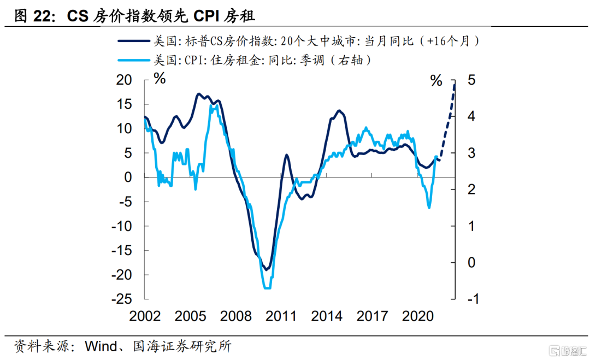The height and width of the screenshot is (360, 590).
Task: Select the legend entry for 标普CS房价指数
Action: tap(300, 41)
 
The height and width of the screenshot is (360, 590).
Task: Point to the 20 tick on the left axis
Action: tap(125, 80)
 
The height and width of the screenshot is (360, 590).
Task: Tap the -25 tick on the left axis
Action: tap(122, 299)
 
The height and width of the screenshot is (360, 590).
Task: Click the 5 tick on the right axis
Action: tap(470, 80)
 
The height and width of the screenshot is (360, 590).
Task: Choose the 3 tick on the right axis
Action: tap(470, 153)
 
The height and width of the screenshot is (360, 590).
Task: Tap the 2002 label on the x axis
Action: tap(145, 317)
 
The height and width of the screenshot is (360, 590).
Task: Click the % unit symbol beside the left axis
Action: tap(159, 80)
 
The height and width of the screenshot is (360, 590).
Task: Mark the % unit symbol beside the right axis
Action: tap(436, 81)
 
